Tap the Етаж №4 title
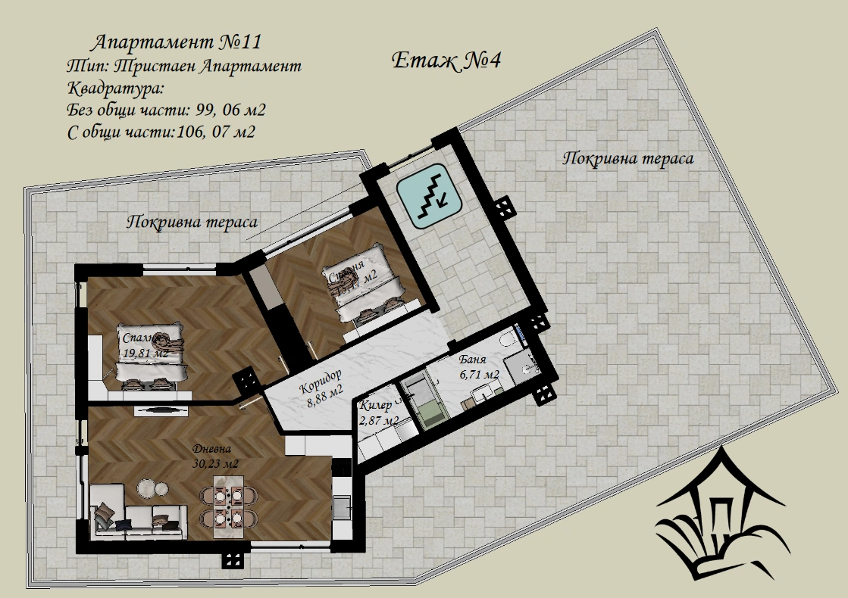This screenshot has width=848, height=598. click(447, 61)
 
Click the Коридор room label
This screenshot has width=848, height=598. click(320, 381)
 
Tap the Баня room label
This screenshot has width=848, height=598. click(472, 360)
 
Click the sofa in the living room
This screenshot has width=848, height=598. click(138, 515)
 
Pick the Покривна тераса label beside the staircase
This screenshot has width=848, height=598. click(628, 159)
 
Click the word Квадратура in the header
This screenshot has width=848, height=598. click(114, 89)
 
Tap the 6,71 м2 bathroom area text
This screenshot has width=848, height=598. click(479, 375)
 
